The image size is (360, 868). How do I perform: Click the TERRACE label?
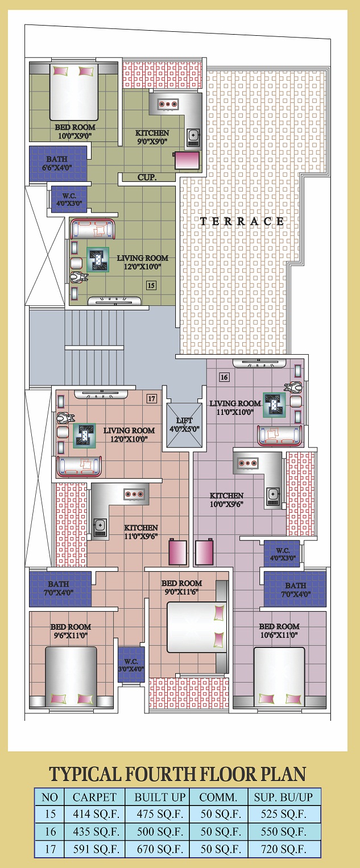coord(242,221)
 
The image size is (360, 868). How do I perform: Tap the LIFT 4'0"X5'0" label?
coord(184,425)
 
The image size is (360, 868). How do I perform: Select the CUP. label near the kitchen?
coord(147,177)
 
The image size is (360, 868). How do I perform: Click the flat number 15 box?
coord(151,285)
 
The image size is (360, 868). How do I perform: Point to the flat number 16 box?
coord(224,377)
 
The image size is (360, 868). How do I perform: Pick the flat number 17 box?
coord(151,398)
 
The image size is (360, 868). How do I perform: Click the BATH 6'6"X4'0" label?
coord(57,163)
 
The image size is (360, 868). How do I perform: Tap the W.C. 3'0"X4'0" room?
coord(131,665)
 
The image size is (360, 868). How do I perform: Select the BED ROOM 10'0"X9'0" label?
coord(75,131)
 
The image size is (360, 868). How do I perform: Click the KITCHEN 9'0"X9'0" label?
coord(152,137)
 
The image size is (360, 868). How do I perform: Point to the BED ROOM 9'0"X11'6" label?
coord(182,587)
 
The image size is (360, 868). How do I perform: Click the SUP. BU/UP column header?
coord(283,797)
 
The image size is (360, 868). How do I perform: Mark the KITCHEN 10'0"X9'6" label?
coord(227,500)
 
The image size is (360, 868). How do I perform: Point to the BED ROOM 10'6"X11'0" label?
coord(279,630)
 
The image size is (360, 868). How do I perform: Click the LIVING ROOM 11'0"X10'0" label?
coord(235,408)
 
